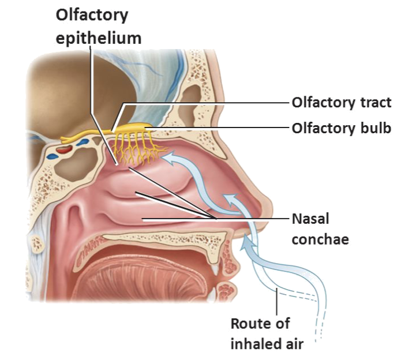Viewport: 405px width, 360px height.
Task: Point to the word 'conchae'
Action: (320, 238)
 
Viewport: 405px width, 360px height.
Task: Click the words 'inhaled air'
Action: (267, 344)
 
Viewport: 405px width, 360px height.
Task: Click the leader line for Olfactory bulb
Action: (231, 127)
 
